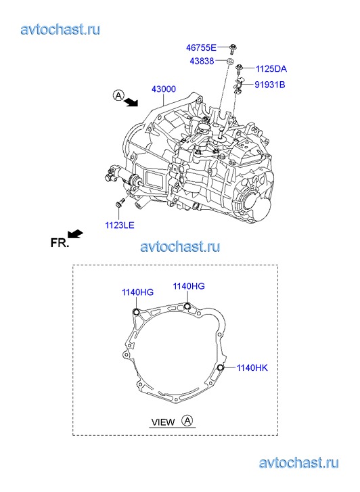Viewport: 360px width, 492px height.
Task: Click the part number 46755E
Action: pos(201,47)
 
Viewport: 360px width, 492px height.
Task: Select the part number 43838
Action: pos(202,61)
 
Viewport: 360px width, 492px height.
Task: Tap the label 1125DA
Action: pos(271,69)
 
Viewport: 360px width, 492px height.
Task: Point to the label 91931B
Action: pos(270,85)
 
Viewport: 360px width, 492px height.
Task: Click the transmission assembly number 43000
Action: pos(164,89)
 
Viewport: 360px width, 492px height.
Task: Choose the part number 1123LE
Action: pos(120,225)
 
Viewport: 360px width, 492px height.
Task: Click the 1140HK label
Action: pos(252,367)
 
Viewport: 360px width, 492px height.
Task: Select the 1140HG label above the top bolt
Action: pos(189,286)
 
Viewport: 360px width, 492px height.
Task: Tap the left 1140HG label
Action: pos(137,292)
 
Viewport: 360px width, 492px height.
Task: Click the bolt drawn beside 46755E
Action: pos(233,49)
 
